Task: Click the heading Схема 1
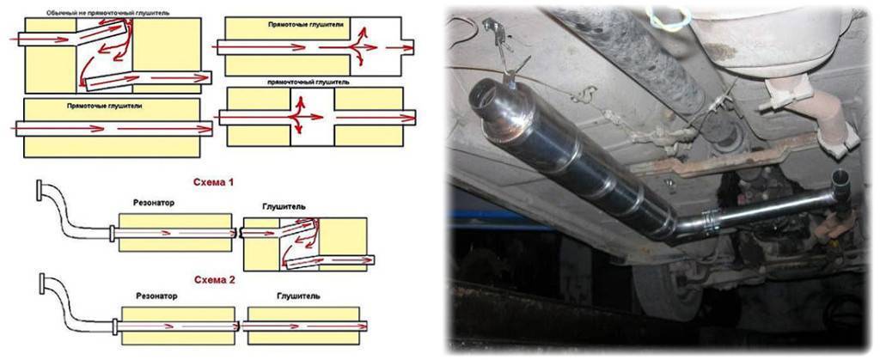[213, 182]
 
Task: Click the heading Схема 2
[213, 280]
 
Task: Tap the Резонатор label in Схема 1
[153, 203]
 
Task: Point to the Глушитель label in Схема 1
[284, 206]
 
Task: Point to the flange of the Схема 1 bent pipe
[39, 190]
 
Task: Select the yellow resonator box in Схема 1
[175, 232]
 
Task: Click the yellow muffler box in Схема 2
[303, 326]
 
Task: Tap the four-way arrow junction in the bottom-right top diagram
[299, 116]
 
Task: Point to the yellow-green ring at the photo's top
[669, 18]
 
